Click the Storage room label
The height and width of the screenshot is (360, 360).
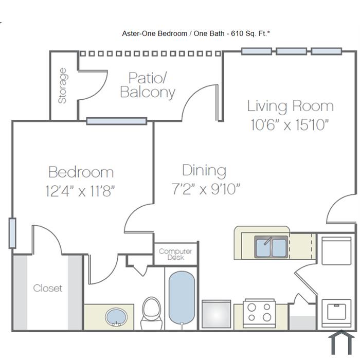point(62,86)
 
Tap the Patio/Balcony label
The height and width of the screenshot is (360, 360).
point(148,85)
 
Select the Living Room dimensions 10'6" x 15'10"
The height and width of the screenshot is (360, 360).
point(290,125)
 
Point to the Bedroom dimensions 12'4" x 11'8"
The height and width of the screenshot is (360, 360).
point(80,191)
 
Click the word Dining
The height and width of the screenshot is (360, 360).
point(204,171)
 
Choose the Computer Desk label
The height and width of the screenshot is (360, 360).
point(175,254)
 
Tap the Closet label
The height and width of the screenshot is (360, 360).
point(47,288)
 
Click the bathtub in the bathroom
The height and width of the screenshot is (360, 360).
point(182,298)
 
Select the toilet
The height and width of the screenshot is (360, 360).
point(152,313)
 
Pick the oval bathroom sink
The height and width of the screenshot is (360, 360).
point(116,317)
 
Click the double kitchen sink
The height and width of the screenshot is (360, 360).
point(271,247)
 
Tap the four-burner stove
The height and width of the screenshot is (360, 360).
point(259,313)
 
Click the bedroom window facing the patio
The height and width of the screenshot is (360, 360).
point(117,121)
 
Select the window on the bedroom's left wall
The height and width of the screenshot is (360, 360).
point(12,233)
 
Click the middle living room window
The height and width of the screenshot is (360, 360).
point(292,51)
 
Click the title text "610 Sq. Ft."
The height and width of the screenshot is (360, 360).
point(250,33)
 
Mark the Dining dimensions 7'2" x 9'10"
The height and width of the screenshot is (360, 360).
point(206,189)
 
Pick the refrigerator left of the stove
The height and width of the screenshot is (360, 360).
point(217,314)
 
